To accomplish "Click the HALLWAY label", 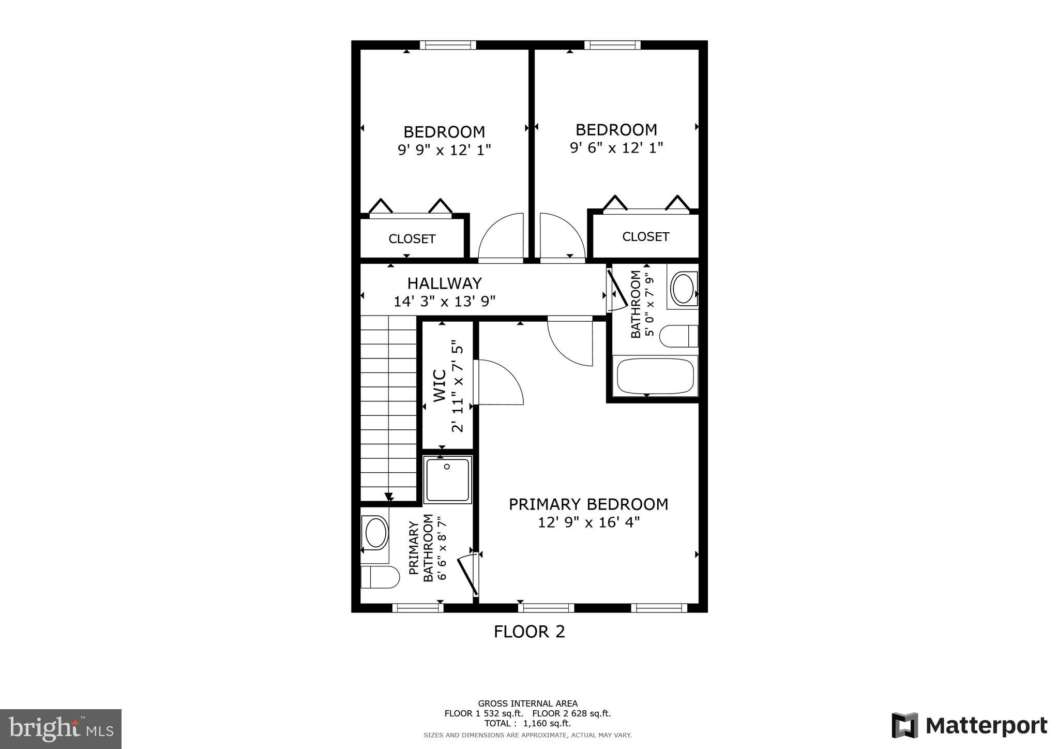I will pos(444,283).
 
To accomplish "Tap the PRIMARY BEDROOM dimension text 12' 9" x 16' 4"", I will pos(588,522).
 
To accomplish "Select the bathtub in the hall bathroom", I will pos(655,376).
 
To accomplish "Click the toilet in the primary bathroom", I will pos(380,577).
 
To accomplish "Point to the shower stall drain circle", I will pos(447,466).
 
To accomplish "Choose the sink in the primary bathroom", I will pos(376,533).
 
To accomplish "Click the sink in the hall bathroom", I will pos(683,288).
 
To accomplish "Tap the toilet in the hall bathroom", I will pos(679,336).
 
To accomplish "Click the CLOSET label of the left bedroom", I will pos(412,239).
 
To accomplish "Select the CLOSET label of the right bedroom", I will pos(645,237).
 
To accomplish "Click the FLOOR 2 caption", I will pos(529,632).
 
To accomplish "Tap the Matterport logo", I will pos(969,726).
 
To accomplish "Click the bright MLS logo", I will pos(60,729).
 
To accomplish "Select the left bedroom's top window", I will pos(447,45).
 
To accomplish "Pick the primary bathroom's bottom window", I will pos(417,608).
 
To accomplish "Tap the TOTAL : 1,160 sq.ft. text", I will pos(527,723).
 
